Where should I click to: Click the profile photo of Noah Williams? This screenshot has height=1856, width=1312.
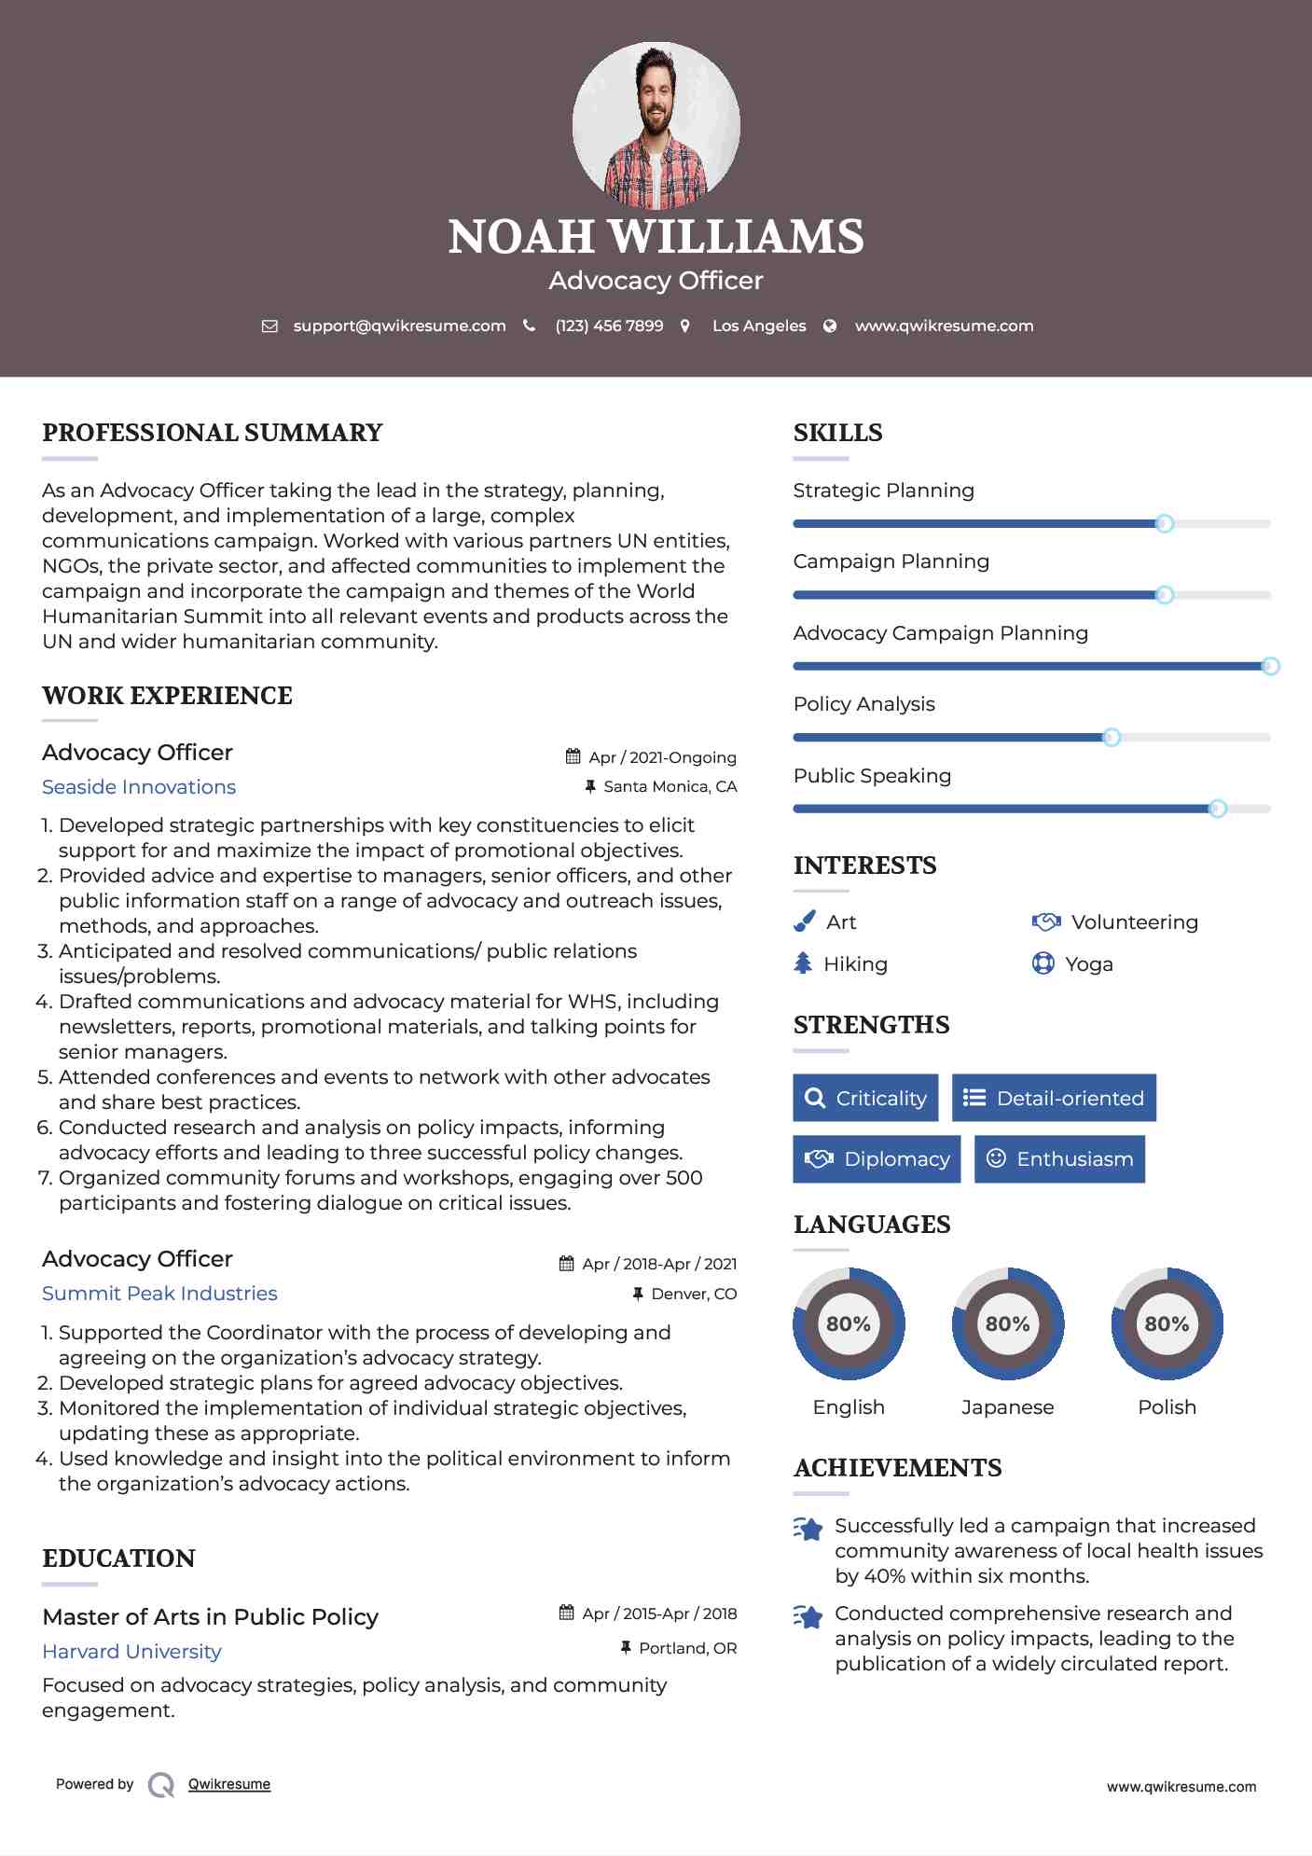[656, 125]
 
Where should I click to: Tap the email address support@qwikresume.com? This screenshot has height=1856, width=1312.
[399, 325]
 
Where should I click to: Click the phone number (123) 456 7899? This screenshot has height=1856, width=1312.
[609, 325]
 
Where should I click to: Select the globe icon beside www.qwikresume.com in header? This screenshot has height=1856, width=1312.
[830, 325]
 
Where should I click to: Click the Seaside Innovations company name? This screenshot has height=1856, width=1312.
[139, 787]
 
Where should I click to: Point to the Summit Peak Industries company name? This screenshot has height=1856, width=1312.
[159, 1294]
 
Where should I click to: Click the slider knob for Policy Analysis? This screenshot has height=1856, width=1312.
[1111, 738]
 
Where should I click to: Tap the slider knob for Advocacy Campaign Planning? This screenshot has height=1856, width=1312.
[1270, 666]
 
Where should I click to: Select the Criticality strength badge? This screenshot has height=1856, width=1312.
[865, 1098]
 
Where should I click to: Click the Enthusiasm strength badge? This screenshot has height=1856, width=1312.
[1059, 1158]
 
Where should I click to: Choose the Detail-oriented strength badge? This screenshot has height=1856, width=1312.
[1054, 1098]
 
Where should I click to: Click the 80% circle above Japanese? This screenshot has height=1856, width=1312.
[1007, 1323]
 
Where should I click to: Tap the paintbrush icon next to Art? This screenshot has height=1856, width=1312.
[804, 921]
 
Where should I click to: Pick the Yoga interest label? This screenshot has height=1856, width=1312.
[1089, 964]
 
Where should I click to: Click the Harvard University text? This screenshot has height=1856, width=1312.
[131, 1652]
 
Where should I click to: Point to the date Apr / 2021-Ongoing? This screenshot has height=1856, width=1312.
[662, 757]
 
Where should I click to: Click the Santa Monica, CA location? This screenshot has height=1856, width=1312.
[670, 786]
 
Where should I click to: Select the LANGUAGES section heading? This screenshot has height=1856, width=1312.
[872, 1225]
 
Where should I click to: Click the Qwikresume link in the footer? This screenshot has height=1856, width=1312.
[229, 1784]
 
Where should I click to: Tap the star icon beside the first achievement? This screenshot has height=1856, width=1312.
[808, 1529]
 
